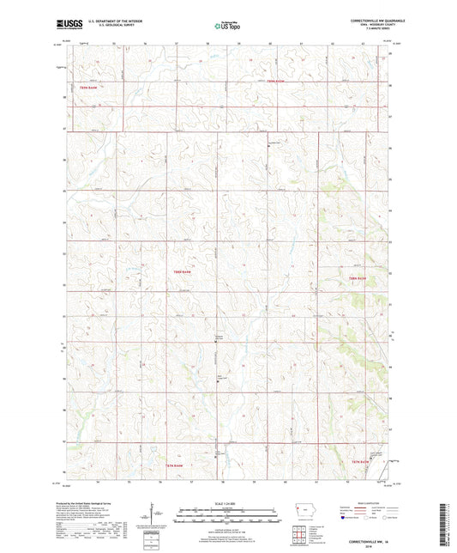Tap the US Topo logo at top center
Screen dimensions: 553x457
tap(222, 27)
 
